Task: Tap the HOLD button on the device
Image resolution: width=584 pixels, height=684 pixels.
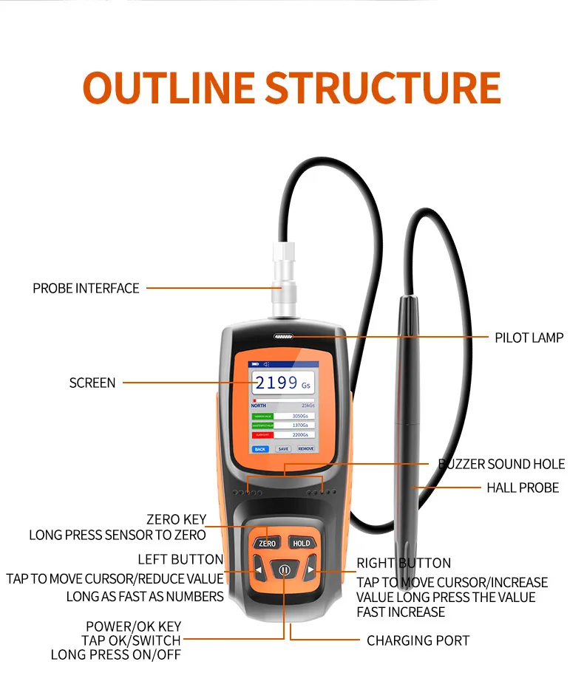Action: click(x=301, y=543)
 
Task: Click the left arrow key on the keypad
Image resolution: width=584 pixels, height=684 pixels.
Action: click(x=258, y=570)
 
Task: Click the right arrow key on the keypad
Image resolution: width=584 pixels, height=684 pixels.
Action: click(x=310, y=570)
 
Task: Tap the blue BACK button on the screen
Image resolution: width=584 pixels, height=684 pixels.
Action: click(x=259, y=448)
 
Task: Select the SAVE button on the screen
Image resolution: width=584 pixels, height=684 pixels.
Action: click(x=283, y=448)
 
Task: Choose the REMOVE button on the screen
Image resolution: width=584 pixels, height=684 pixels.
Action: click(x=306, y=448)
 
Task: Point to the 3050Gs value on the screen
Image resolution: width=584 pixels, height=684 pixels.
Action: click(x=300, y=417)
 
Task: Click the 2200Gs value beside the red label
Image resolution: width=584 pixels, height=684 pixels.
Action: click(x=300, y=435)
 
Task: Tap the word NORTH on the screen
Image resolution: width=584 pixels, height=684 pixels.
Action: click(x=259, y=406)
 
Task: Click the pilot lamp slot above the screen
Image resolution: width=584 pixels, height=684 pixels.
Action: click(x=283, y=337)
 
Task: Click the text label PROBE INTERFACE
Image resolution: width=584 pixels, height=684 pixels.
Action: click(x=86, y=288)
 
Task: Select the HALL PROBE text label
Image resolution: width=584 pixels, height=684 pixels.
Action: click(x=523, y=488)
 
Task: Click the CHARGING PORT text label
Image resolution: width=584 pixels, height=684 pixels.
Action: click(x=418, y=640)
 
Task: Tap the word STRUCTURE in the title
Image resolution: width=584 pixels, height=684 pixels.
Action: click(x=383, y=88)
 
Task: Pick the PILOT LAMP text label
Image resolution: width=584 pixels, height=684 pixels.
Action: click(x=529, y=338)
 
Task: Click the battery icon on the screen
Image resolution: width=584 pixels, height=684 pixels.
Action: click(x=256, y=364)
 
